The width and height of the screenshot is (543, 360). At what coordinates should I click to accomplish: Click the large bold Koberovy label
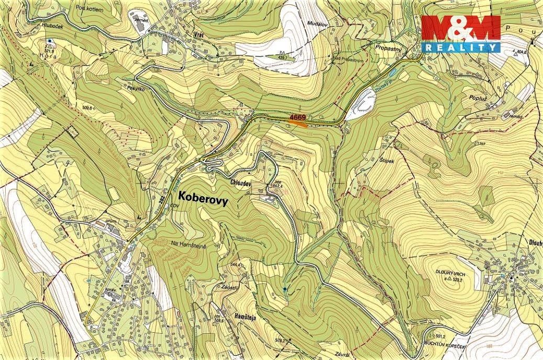204,197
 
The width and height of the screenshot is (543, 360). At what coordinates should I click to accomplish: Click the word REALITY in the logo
461,47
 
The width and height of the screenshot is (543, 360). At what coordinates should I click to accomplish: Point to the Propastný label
388,47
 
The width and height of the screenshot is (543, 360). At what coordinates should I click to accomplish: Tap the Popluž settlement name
474,97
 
